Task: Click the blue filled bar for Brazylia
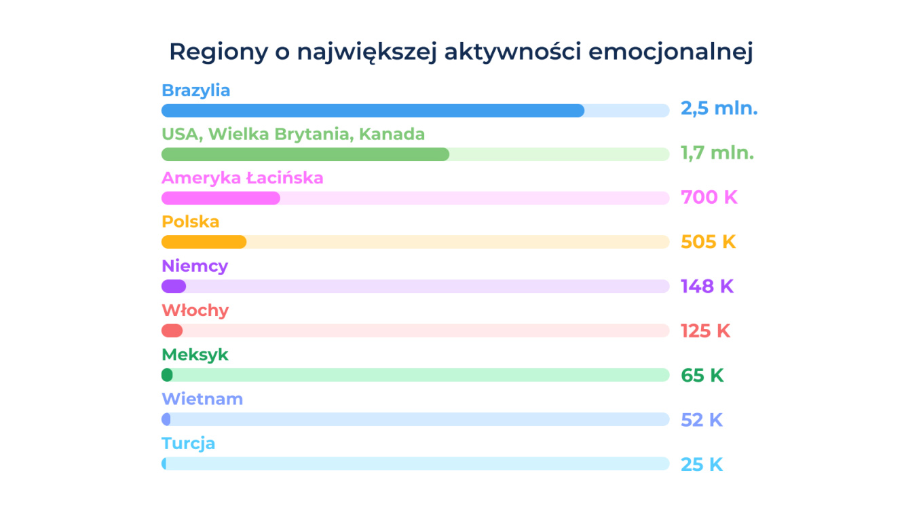373,111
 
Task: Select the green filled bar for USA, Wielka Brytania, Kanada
305,154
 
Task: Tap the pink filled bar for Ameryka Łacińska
221,198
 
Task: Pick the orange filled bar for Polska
204,242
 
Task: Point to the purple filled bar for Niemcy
174,286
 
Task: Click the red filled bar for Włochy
172,331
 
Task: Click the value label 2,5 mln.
719,109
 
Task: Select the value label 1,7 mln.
717,153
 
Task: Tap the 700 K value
709,198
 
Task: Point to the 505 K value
708,242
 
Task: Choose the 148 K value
707,286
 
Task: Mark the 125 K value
705,331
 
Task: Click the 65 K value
702,375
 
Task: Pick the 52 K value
702,420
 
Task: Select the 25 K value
702,465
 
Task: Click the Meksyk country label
195,355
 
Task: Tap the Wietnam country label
202,399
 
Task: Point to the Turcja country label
188,444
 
